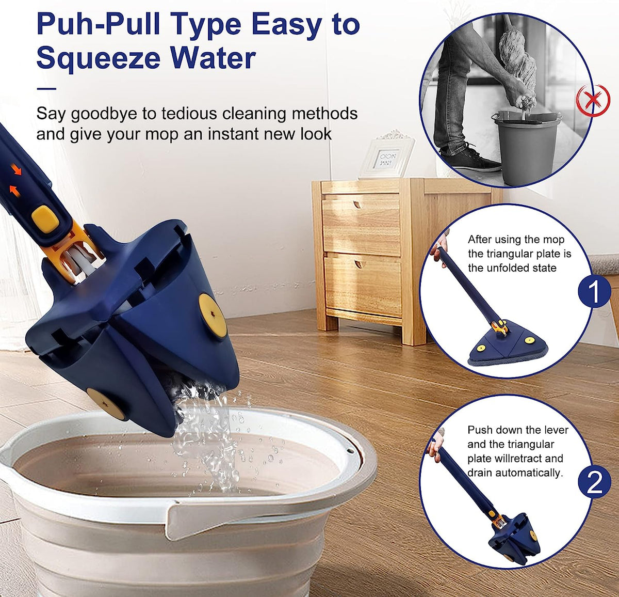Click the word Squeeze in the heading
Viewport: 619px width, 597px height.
[x=99, y=58]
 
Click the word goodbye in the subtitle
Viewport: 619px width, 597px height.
[x=104, y=114]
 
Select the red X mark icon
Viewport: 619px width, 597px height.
[x=594, y=100]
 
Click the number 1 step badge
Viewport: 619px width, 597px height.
[x=594, y=291]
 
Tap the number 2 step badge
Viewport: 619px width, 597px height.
[x=594, y=481]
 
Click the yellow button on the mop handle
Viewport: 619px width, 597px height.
[x=45, y=219]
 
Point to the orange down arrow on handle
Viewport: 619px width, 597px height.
[x=16, y=169]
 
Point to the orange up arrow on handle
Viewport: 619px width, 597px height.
[x=14, y=191]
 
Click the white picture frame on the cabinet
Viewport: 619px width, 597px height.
[x=387, y=155]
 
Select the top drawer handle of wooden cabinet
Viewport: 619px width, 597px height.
[x=358, y=205]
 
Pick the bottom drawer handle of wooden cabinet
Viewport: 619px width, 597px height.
[x=359, y=264]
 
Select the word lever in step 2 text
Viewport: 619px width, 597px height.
[x=557, y=430]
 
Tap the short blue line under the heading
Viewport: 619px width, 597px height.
[x=46, y=89]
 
